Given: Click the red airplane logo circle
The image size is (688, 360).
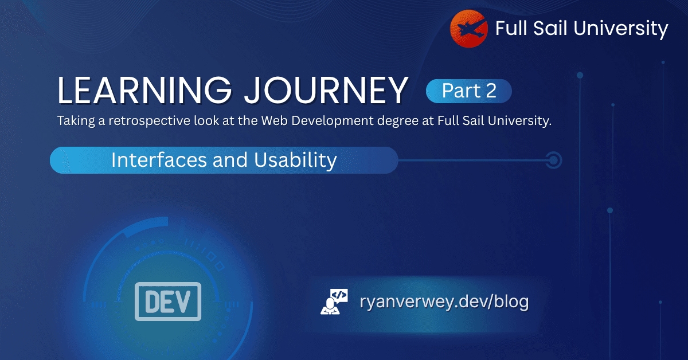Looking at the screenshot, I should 469,29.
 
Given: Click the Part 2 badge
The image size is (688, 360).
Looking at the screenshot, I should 469,91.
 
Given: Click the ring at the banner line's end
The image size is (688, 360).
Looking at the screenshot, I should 553,160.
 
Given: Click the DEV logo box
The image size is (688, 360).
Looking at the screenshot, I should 168,301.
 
